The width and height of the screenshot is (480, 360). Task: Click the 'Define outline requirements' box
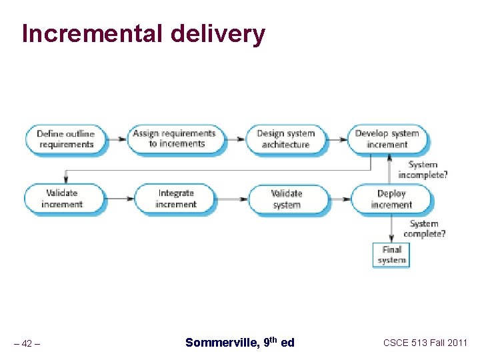pos(65,139)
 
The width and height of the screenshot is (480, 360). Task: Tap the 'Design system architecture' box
pos(285,139)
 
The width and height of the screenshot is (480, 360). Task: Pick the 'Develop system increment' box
pos(387,139)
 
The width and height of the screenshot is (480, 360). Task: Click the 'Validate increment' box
pos(62,199)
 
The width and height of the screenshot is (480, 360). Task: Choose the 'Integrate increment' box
pos(175,199)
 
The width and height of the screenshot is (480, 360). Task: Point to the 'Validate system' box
pos(287,199)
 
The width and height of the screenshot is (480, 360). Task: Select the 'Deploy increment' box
pos(391,199)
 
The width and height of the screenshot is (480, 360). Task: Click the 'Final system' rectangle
pos(391,255)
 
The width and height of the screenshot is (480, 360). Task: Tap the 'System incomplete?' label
pos(423,170)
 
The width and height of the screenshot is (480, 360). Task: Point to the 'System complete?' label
pos(424,229)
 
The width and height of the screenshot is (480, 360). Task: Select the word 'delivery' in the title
pos(213,33)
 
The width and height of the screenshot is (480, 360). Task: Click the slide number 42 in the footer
pos(27,344)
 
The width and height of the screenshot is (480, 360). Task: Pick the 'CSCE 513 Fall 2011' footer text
pos(425,343)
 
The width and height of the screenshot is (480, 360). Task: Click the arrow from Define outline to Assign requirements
pos(117,139)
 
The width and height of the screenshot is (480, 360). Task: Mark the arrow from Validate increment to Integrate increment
pos(120,199)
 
